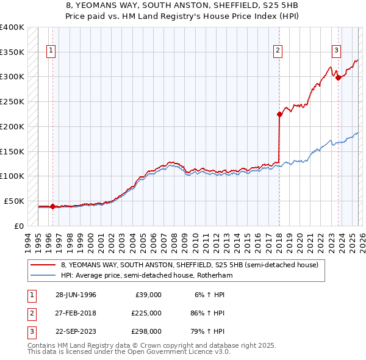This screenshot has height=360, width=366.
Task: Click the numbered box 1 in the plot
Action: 51,51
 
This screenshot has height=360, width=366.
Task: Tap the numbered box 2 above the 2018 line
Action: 278,51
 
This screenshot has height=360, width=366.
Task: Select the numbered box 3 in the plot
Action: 336,51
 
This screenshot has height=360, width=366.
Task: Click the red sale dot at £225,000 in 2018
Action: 279,113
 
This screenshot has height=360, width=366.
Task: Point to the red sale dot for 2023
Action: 338,77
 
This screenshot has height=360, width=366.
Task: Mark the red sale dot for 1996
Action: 52,206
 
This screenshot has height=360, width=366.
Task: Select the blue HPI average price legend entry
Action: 146,275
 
